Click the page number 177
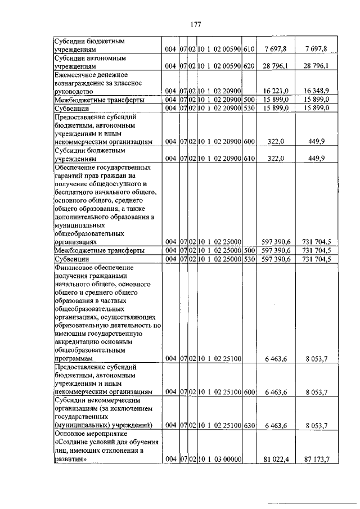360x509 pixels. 195,24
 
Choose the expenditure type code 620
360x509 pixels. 250,66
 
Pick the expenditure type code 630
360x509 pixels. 250,425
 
